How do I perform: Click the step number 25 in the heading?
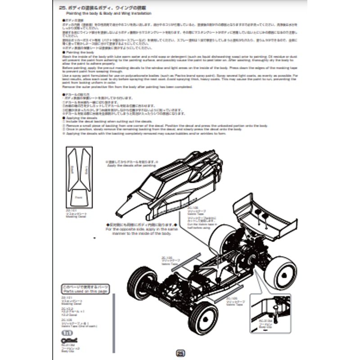tap(63, 8)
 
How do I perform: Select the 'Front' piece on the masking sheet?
tap(78, 197)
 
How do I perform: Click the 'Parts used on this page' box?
tap(85, 288)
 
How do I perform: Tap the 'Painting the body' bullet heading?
tap(79, 52)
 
